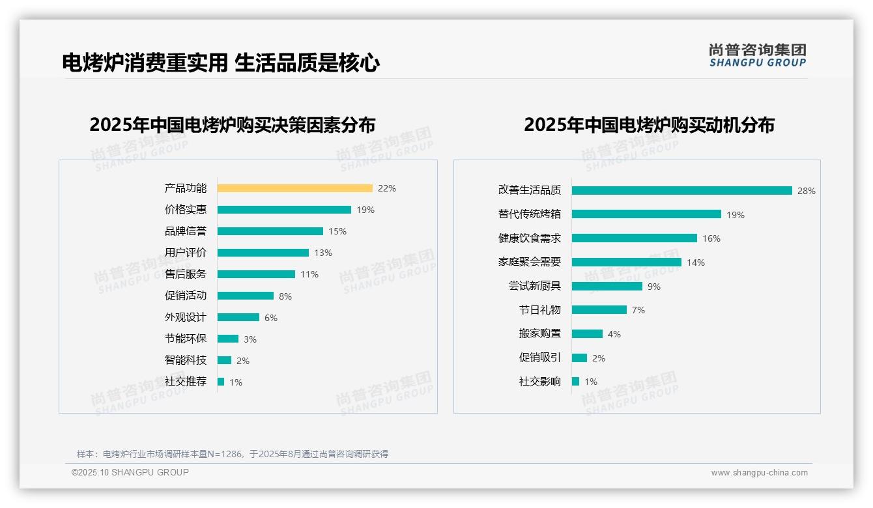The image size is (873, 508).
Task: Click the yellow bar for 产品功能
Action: click(x=294, y=188)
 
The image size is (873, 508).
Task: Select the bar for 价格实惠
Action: click(x=284, y=210)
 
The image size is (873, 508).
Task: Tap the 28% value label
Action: click(x=806, y=191)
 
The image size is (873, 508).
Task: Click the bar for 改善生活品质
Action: click(x=681, y=191)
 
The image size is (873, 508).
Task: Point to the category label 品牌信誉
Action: click(x=186, y=231)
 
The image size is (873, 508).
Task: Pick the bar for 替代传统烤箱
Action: click(x=646, y=214)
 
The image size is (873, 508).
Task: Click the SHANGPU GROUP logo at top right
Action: click(x=757, y=55)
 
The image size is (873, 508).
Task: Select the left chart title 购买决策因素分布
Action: click(x=232, y=124)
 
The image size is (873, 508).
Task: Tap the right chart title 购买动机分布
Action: click(x=649, y=124)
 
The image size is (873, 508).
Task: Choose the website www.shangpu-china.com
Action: click(x=759, y=473)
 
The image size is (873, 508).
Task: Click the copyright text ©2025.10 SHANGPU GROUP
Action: click(x=130, y=472)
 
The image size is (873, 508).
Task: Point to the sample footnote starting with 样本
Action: click(x=233, y=454)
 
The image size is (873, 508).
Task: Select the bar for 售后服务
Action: click(x=256, y=274)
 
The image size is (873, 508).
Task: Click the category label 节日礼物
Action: click(x=539, y=310)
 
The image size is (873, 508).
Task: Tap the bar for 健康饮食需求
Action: click(x=634, y=238)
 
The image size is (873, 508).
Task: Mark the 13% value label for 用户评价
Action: click(x=322, y=253)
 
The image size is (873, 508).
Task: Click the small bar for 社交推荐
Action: click(x=221, y=382)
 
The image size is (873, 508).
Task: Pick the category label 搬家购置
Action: click(x=539, y=333)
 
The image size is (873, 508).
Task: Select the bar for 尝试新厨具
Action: click(x=607, y=287)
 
